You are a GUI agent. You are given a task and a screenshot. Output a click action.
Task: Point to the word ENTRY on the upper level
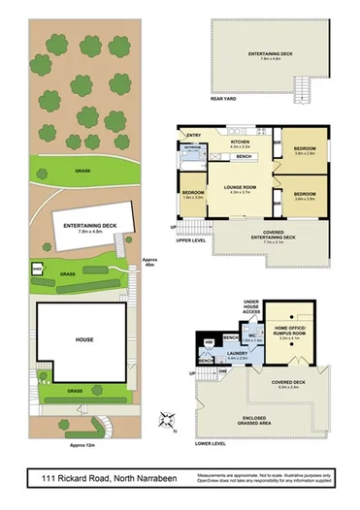[x=194, y=135]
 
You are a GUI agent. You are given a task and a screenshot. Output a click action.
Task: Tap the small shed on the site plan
[x=38, y=270]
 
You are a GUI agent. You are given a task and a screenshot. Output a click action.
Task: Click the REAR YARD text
[x=224, y=99]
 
